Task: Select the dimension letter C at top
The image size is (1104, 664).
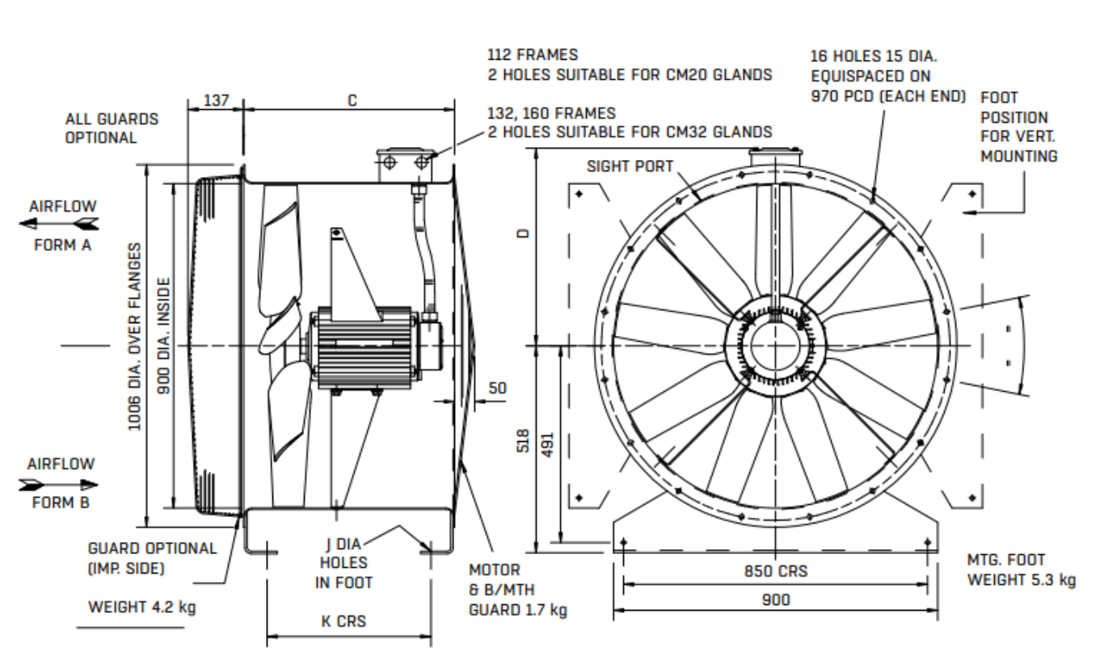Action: [x=352, y=100]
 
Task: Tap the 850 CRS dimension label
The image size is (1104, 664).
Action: [x=774, y=571]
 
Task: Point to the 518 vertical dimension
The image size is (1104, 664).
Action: [x=523, y=443]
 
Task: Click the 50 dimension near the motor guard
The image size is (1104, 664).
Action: [x=498, y=388]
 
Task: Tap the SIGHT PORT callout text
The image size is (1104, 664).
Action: [x=630, y=166]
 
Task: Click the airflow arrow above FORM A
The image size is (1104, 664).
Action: [x=61, y=223]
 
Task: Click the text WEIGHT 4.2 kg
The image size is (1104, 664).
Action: [x=141, y=607]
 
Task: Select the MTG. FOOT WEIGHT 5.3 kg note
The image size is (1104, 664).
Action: [x=1021, y=569]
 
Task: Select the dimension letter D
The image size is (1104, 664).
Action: [x=523, y=234]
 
